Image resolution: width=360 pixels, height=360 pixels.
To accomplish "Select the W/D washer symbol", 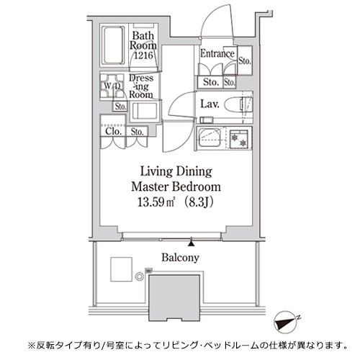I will click(112, 86).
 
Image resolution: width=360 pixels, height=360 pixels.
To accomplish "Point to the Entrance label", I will click(217, 54).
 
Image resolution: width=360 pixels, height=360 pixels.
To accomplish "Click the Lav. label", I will click(211, 103).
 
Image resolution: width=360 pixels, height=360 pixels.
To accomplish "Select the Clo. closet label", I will click(112, 131).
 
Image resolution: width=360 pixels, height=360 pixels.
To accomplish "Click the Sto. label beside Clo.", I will click(138, 131).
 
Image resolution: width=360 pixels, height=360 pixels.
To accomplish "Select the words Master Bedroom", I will click(170, 186).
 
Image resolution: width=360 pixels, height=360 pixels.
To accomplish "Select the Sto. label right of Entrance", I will click(243, 60).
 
